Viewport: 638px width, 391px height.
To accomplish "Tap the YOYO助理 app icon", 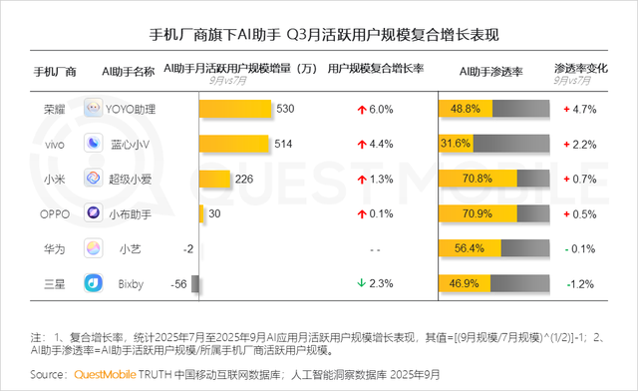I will (x=93, y=109).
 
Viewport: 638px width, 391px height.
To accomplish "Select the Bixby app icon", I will (x=93, y=283).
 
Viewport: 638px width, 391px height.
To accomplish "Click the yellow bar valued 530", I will (x=235, y=109).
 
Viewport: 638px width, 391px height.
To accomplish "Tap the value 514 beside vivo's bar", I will (x=283, y=144).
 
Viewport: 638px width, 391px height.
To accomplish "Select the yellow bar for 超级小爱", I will (x=214, y=179).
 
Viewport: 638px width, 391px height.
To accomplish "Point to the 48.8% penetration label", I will (x=466, y=109).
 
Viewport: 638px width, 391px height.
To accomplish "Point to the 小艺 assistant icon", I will (x=93, y=248).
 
